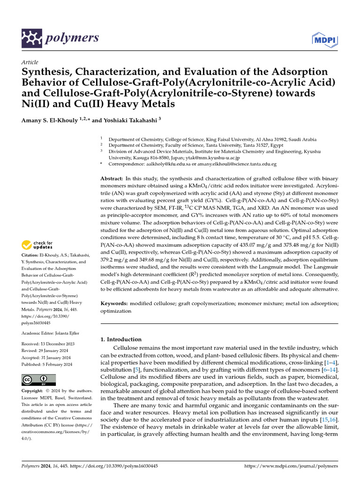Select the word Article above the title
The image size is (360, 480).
30,62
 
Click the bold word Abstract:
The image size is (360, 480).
112,179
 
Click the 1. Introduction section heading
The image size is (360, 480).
121,339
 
